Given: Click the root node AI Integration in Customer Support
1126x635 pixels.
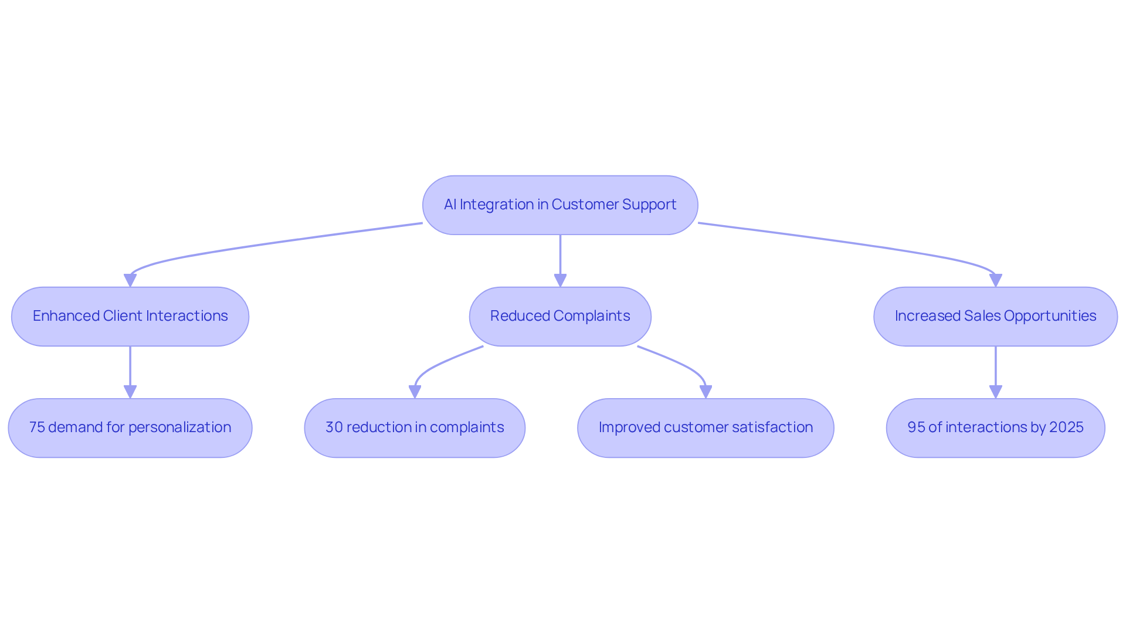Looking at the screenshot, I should click(x=560, y=205).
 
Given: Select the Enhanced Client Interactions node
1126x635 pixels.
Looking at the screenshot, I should click(x=130, y=317).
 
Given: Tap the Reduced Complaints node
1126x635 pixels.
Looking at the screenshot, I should click(x=560, y=317).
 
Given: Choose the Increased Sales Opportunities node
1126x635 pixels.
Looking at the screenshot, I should click(x=995, y=317).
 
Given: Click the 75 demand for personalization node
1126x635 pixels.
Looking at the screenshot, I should click(x=130, y=428).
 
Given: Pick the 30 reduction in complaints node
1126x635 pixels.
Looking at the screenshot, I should click(x=415, y=428).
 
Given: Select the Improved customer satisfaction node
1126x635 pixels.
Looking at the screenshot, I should click(x=706, y=428).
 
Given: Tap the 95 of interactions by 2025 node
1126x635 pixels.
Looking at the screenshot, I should click(x=995, y=428).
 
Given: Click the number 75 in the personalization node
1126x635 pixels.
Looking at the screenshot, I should click(x=37, y=427).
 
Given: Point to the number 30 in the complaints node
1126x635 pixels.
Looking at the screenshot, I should click(x=334, y=427).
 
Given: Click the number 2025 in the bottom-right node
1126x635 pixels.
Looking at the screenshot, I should click(x=1066, y=427).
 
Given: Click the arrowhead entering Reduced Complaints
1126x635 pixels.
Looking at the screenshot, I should click(x=560, y=280).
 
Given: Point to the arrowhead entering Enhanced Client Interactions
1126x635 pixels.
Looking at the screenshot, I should click(x=130, y=280).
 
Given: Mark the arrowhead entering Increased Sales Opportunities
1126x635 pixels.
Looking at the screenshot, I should click(x=995, y=280).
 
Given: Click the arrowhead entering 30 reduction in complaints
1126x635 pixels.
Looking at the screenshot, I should click(x=415, y=392).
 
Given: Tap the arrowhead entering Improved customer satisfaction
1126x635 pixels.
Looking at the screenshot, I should click(x=706, y=392).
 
